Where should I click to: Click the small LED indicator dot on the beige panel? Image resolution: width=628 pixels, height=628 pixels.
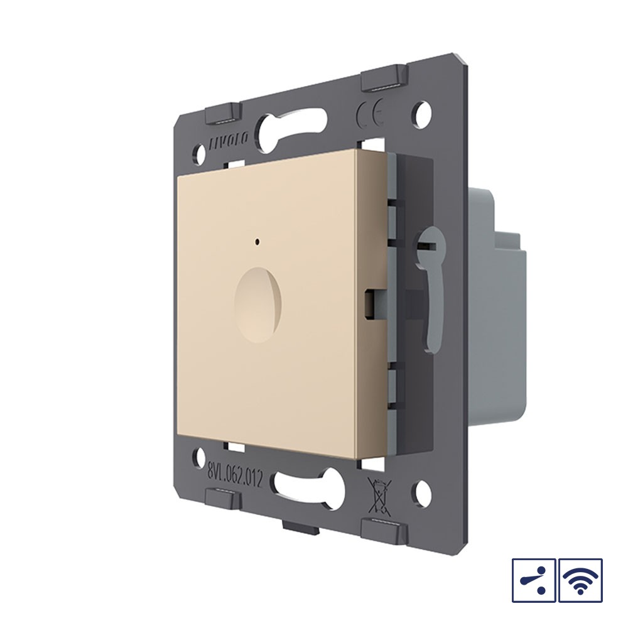tap(256, 241)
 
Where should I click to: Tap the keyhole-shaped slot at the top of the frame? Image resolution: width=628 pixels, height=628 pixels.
tap(293, 126)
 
